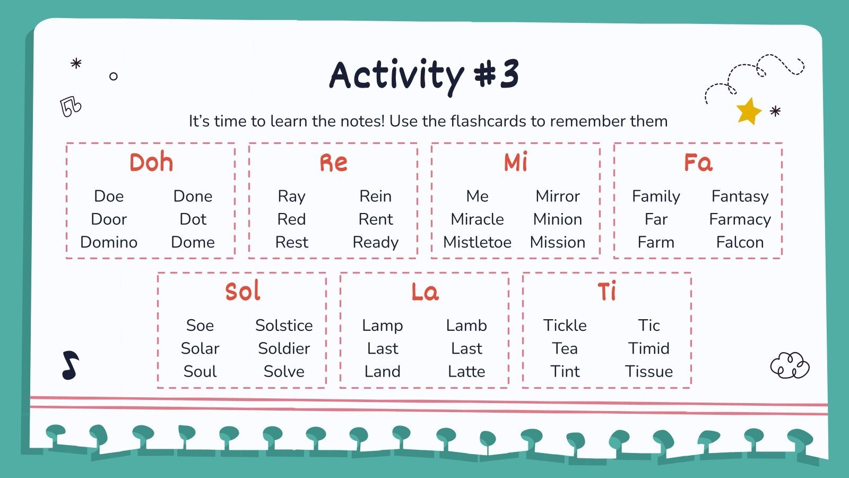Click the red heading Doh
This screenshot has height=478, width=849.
coord(151,163)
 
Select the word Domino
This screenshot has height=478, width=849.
coord(109,242)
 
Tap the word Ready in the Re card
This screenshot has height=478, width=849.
coord(375,242)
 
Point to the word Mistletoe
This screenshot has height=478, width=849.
coord(477,242)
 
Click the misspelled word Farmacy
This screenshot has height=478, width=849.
coord(740,219)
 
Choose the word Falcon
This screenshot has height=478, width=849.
coord(740,242)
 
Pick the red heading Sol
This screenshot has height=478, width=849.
coord(242,292)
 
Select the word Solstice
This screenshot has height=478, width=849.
coord(284,325)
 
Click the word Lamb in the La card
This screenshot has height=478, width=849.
coord(466,325)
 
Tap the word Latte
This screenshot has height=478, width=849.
coord(466,371)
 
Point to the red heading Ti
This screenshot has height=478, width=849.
coord(607,292)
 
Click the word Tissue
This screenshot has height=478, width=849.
coord(648,371)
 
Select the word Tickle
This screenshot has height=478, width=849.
coord(565,325)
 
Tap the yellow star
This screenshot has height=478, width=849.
coord(748,112)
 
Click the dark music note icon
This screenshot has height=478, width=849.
coord(70,365)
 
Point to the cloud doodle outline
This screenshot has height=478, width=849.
coord(790,365)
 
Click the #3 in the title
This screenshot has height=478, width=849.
coord(496,74)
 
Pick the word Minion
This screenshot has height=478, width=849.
coord(557,219)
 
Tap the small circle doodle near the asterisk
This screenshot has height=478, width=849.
coord(113,76)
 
